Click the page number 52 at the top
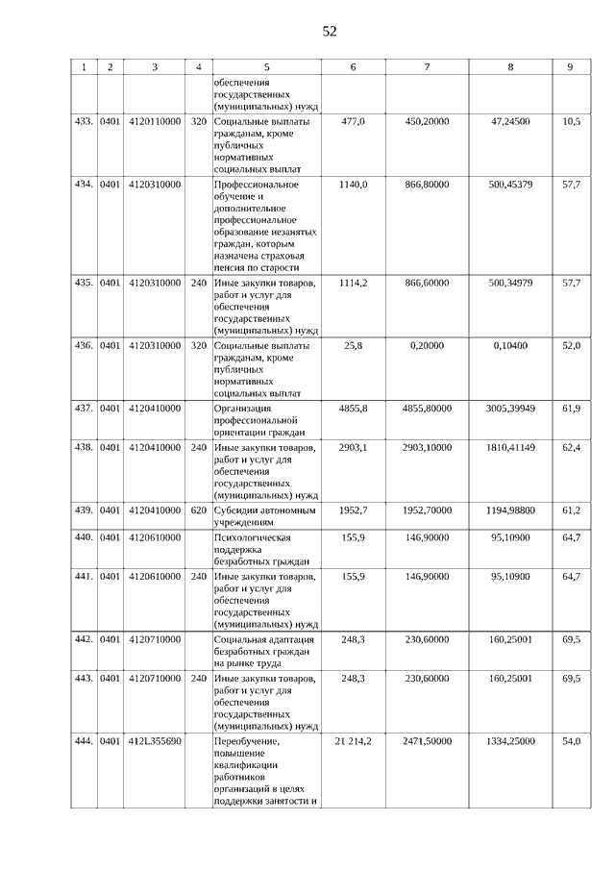(329, 31)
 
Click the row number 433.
(84, 122)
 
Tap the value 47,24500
(510, 122)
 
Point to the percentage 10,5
(571, 122)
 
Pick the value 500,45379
(510, 184)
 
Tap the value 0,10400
(510, 345)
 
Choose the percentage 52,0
(571, 345)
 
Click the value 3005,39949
(510, 409)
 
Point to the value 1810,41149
(510, 447)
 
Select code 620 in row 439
(199, 509)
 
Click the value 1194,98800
(510, 509)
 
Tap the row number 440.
(84, 537)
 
